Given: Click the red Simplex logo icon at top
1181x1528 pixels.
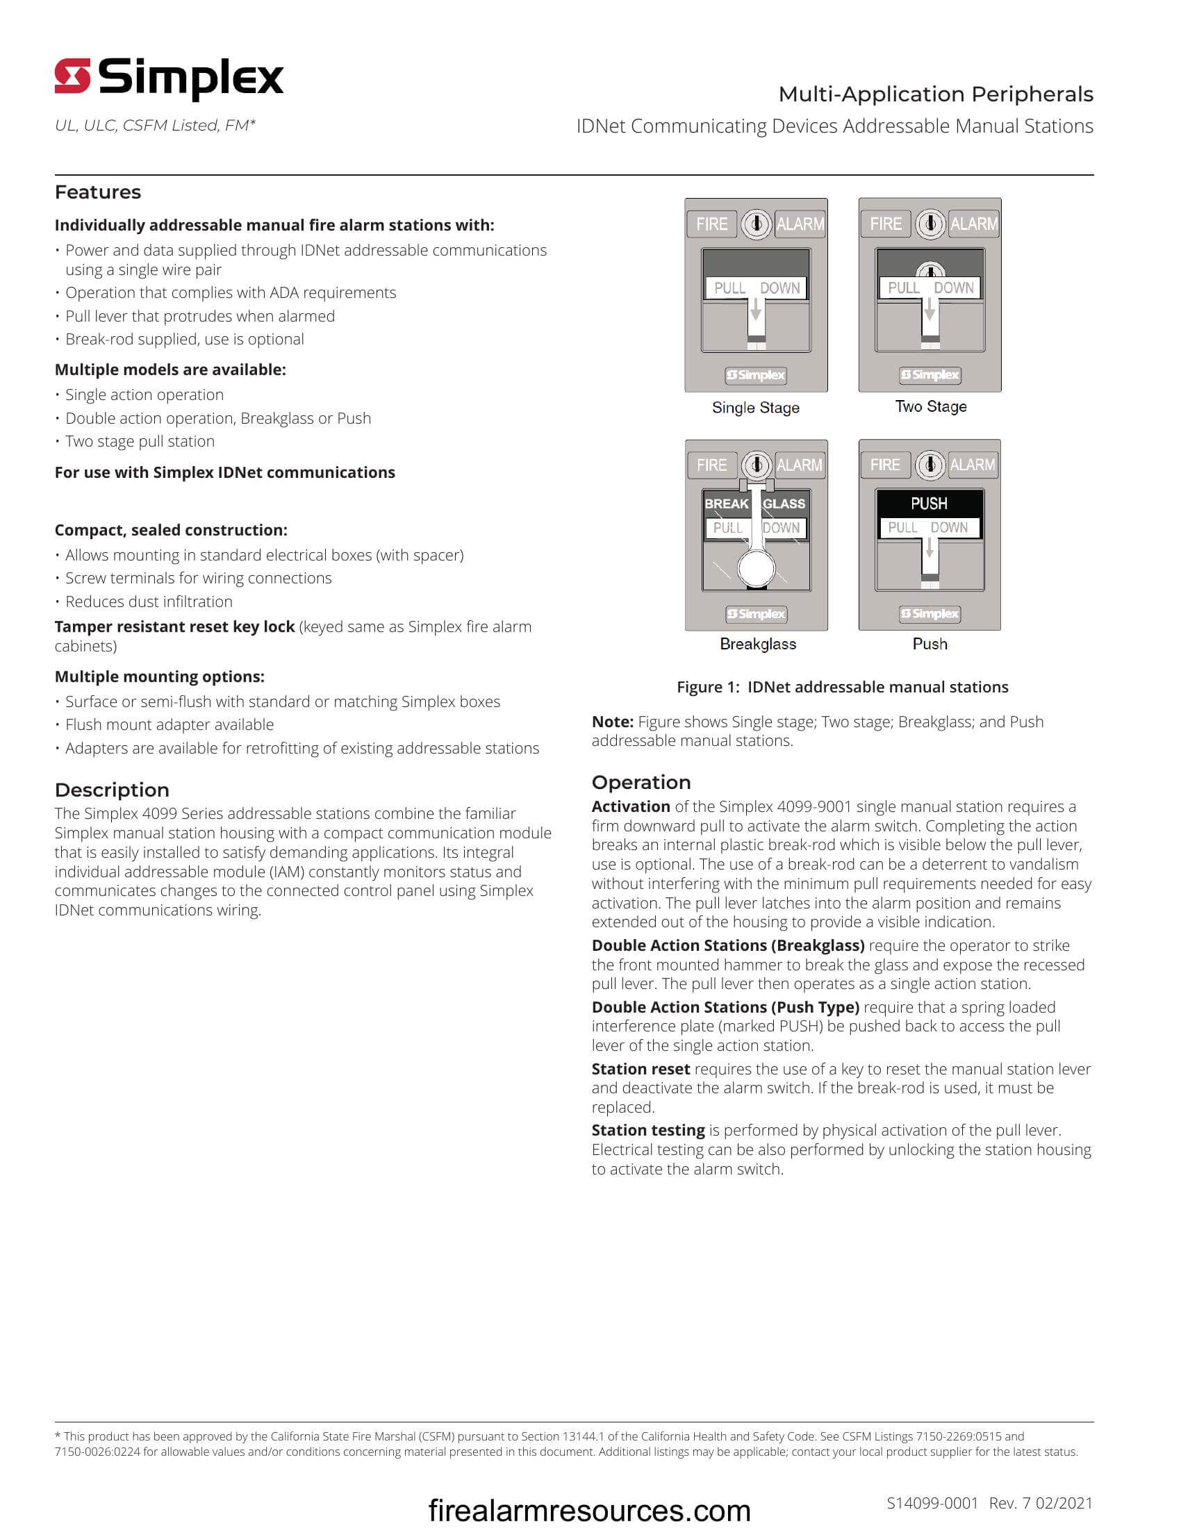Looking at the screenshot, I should click(73, 76).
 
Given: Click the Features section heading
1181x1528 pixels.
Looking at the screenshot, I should click(98, 192).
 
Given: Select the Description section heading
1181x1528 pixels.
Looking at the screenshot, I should click(112, 789).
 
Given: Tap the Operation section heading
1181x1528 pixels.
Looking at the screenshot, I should click(641, 782).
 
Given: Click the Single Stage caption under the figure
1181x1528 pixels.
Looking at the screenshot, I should click(756, 407).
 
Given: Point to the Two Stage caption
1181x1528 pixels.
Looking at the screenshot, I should click(930, 406).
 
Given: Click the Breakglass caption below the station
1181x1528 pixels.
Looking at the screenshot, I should click(758, 644).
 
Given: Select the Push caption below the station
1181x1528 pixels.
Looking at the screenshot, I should click(930, 644).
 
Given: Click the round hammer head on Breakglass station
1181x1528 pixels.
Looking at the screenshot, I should click(757, 569).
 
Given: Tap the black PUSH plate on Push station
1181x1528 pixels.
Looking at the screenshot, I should click(929, 503).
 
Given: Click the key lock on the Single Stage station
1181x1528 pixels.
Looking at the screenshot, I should click(756, 224).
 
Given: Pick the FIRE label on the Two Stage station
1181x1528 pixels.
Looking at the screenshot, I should click(885, 224).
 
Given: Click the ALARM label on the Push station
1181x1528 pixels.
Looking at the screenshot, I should click(973, 465).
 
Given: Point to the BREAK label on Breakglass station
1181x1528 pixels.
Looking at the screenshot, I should click(726, 503).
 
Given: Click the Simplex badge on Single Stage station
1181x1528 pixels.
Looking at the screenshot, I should click(756, 375).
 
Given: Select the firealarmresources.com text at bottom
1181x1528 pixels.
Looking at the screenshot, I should click(589, 1510).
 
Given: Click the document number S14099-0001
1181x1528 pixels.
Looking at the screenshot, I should click(932, 1502).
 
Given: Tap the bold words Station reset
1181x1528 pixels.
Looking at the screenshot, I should click(641, 1069).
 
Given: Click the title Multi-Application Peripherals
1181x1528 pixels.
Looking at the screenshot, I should click(936, 94).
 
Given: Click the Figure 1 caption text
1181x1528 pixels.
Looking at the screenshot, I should click(843, 687).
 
